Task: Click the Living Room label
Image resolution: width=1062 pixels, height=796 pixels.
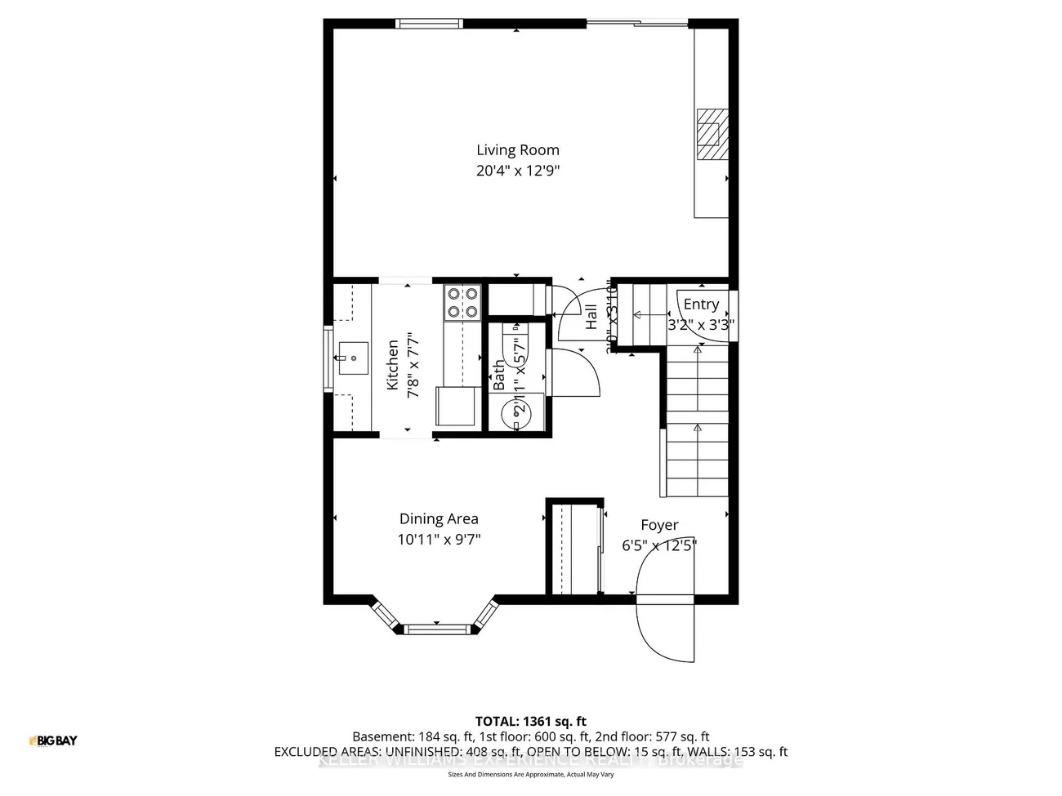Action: coord(518,149)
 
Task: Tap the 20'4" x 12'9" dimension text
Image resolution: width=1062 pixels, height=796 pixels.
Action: coord(518,171)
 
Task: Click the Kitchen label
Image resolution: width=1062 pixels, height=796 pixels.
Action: coord(393,365)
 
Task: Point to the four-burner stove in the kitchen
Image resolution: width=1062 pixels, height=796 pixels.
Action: coord(462,302)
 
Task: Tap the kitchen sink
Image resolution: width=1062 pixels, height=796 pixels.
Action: coord(353,357)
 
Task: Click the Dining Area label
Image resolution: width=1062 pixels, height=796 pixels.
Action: coord(439,518)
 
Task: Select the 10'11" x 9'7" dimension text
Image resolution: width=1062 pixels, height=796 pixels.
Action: coord(439,540)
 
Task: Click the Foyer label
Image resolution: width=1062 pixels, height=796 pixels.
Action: coord(659,525)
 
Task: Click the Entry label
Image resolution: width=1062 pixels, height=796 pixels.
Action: coord(701,304)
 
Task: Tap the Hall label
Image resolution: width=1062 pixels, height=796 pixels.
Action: coord(591,318)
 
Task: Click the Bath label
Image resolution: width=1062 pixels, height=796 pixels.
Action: coord(499,375)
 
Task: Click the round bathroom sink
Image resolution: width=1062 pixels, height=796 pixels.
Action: coord(518,412)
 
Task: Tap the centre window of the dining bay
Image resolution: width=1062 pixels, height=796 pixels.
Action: coord(439,629)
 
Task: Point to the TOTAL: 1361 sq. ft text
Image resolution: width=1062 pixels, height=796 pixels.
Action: coord(531,721)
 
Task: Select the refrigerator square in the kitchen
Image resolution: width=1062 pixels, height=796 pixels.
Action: coord(457,406)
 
